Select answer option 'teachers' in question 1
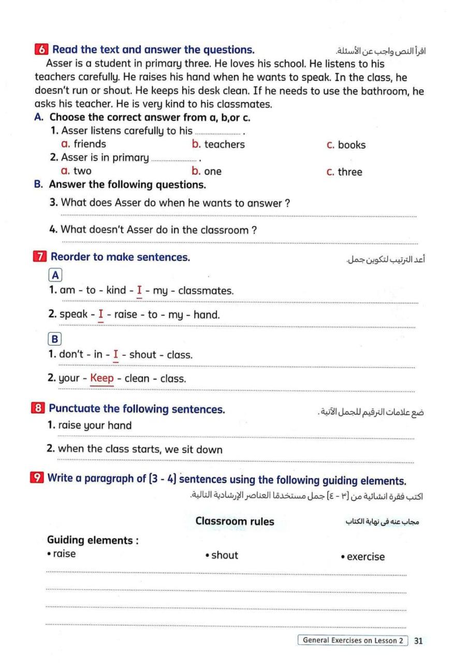coord(224,145)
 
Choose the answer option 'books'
coord(352,146)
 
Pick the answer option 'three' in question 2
coord(350,172)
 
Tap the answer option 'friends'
coord(89,144)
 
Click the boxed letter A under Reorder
coord(54,276)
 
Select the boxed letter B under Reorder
coord(54,340)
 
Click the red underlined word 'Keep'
coord(102,378)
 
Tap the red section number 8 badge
coord(38,409)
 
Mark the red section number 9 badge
coord(37,479)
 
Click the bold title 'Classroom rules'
coord(235,521)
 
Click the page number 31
coord(419,641)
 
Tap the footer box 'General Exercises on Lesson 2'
coord(353,641)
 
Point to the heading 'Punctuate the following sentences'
coord(137,409)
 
